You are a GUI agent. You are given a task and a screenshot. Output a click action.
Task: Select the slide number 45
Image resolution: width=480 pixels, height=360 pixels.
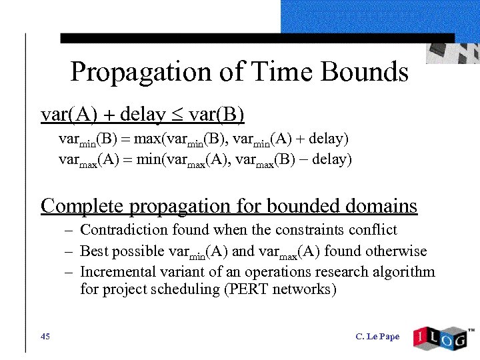click(x=45, y=337)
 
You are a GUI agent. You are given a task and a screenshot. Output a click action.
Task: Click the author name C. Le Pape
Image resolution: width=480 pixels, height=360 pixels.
click(x=377, y=337)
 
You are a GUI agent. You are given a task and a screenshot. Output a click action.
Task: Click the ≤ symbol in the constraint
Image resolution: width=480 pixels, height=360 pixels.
click(x=177, y=116)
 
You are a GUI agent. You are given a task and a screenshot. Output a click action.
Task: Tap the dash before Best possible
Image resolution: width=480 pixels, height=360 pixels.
click(x=68, y=251)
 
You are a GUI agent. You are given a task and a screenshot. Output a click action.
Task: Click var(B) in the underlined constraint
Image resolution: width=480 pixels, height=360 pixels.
click(x=217, y=115)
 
